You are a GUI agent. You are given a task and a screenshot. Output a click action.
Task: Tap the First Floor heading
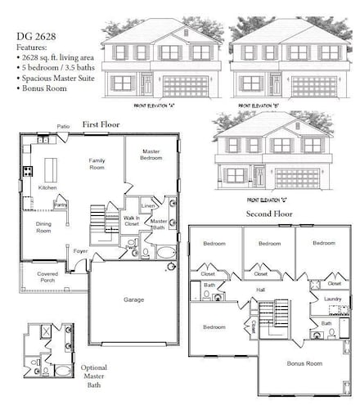pos(101,124)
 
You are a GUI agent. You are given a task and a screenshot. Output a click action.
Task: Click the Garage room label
pos(133,299)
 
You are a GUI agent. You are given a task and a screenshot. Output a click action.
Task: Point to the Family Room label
pos(97,164)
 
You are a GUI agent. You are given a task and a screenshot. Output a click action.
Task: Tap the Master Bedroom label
pos(151,154)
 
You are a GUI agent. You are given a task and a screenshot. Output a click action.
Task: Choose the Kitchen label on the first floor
pos(48,187)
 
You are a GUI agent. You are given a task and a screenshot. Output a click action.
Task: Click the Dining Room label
pos(43,227)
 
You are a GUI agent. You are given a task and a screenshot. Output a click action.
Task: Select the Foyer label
pos(80,250)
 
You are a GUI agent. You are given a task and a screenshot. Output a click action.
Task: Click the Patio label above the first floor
pos(63,127)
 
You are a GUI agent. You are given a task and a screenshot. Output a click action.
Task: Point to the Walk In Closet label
pos(131,220)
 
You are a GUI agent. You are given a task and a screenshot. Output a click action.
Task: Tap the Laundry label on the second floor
pos(332,299)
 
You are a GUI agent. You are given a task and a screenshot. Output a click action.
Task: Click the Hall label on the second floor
pos(260,290)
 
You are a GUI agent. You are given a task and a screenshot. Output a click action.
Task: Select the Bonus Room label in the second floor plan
pos(303,362)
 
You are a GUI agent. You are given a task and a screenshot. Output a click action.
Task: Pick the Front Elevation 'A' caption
pos(155,106)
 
